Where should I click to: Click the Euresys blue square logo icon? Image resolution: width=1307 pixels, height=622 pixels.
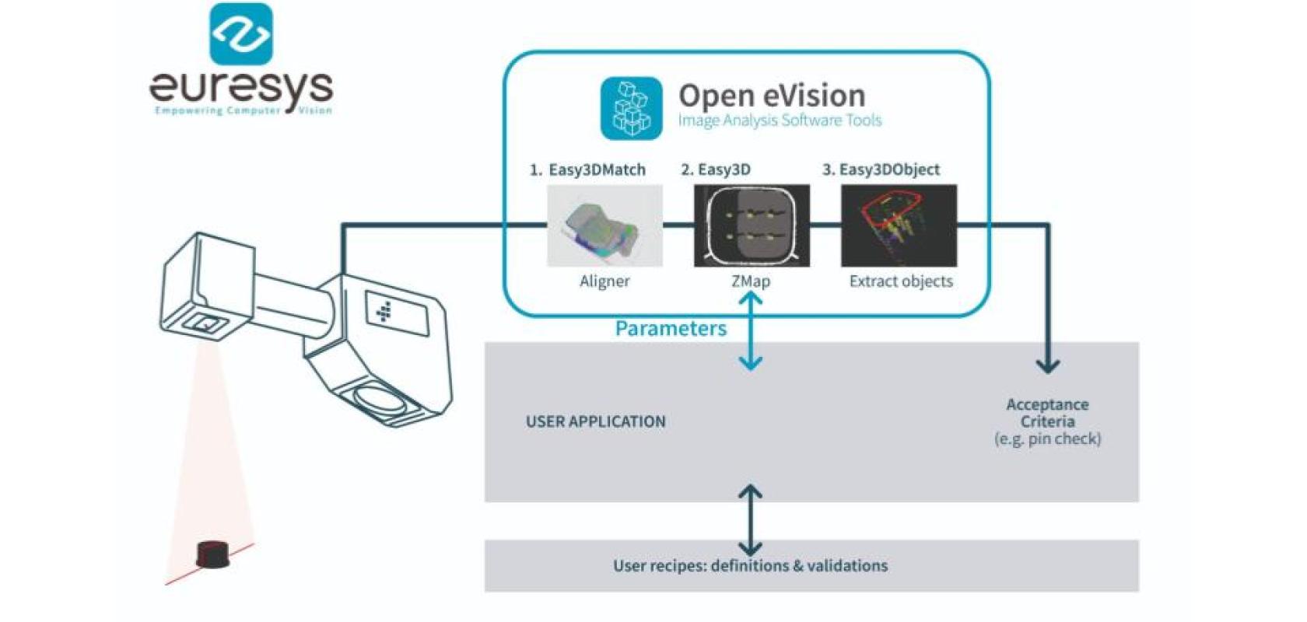click(x=241, y=33)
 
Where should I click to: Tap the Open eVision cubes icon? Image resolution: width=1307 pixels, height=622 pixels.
click(x=631, y=109)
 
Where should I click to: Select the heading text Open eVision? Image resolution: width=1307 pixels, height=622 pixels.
click(x=771, y=96)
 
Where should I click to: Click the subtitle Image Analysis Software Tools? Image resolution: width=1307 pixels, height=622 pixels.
click(x=780, y=121)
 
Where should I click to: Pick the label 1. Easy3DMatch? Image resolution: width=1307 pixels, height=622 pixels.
click(x=587, y=169)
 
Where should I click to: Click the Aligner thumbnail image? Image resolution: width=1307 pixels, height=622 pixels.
click(x=604, y=225)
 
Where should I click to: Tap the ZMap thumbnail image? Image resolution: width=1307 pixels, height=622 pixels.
click(x=752, y=225)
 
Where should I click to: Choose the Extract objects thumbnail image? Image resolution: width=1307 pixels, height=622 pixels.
click(x=899, y=225)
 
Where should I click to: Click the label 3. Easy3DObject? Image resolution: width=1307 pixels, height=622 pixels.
click(x=881, y=169)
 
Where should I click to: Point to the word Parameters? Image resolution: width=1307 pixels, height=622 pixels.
click(x=671, y=328)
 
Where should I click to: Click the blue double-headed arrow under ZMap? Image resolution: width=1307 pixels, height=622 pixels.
click(x=751, y=330)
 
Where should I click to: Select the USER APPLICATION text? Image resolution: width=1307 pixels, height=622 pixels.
click(x=595, y=421)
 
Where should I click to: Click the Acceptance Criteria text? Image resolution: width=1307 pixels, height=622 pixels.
click(x=1047, y=413)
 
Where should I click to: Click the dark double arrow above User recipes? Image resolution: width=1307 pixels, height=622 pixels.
click(x=750, y=519)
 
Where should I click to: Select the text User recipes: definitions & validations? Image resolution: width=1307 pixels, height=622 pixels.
click(x=750, y=565)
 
